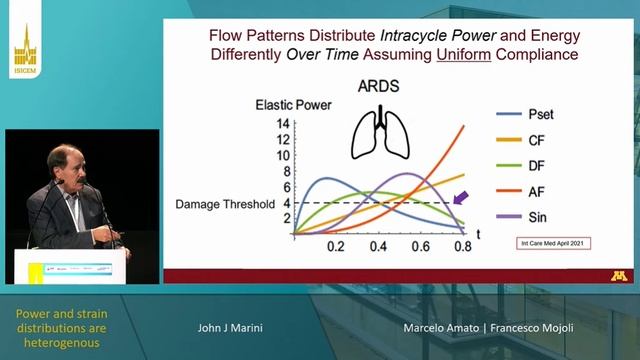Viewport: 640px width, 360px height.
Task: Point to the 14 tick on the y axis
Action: (283, 124)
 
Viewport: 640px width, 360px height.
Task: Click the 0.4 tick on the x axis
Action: (378, 246)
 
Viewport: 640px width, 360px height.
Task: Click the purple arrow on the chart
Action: (460, 200)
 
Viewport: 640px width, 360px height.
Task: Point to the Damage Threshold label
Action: (225, 203)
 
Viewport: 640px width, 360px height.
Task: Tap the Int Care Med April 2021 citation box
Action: (548, 243)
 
